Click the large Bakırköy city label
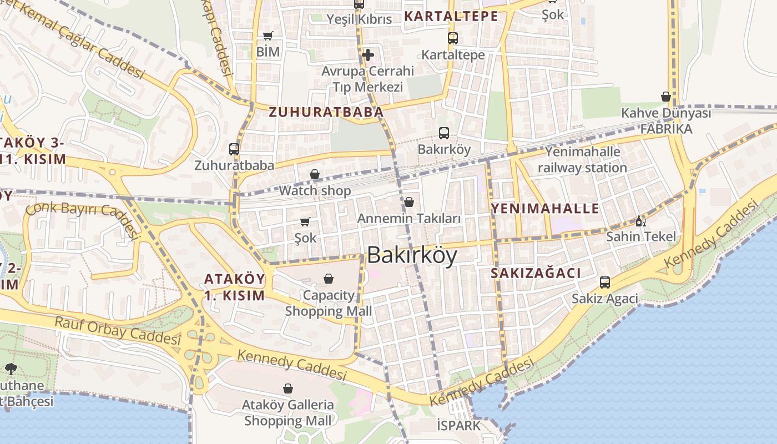412,255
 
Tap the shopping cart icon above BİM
268,36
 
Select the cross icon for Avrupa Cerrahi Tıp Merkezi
367,55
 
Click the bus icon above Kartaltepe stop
453,38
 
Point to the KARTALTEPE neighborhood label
451,16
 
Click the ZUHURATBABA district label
326,112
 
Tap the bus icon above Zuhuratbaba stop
234,149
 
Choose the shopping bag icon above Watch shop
315,175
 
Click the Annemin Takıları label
409,219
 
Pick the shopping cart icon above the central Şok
305,222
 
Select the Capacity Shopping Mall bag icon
329,278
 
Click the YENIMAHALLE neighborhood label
545,209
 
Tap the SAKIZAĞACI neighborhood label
536,273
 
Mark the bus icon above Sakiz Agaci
605,282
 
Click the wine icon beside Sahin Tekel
640,221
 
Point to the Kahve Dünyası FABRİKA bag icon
666,97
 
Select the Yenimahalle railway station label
582,159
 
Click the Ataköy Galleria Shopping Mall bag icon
288,389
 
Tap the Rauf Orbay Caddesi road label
118,330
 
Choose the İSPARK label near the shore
458,426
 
